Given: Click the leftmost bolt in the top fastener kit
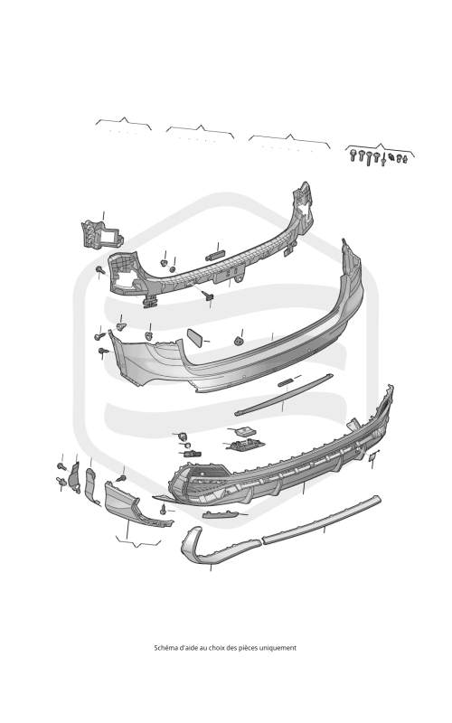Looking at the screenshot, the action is pos(353,155).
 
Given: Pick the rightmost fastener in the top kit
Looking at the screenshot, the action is pos(405,159).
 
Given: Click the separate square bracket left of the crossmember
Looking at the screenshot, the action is pos(102,235).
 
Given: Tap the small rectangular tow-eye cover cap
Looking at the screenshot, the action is pos(194,337).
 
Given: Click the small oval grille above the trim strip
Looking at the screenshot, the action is pos(285,382).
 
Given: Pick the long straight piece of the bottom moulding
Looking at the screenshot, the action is pos(322,518).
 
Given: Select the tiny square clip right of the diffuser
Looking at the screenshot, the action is pos(372,456).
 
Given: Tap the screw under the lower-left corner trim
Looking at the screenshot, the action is pos(163,510).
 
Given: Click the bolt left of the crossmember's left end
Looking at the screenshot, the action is pos(99,269).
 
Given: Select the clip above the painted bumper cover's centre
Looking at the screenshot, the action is pos(239,342).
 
